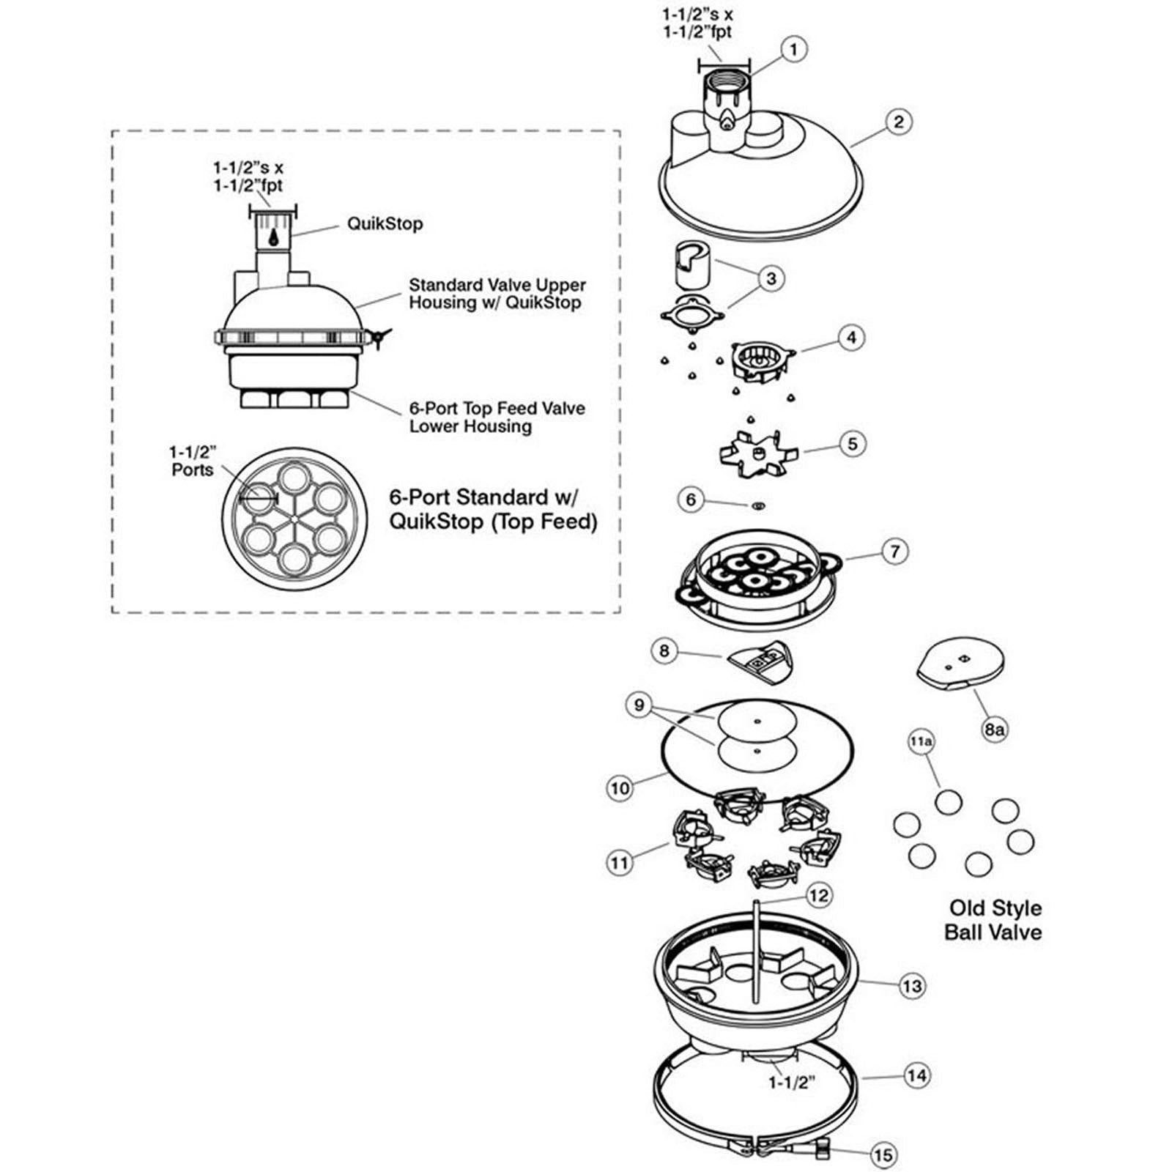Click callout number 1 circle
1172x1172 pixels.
tap(793, 50)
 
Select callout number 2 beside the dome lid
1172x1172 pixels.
tap(898, 122)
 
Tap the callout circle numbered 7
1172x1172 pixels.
tap(895, 552)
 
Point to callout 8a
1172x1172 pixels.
tap(994, 729)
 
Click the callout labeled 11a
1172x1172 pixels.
tap(921, 742)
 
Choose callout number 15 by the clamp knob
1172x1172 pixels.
tap(883, 1155)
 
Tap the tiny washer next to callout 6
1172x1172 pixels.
tap(758, 505)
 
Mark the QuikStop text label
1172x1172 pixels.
tap(385, 224)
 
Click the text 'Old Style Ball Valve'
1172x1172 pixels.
tap(994, 920)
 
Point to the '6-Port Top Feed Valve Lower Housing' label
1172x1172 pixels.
tap(497, 418)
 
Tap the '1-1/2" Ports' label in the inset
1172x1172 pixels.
tap(192, 461)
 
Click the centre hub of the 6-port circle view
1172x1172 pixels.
tap(294, 519)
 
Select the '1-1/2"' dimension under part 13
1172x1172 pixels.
tap(792, 1083)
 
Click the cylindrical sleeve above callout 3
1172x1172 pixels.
tap(694, 263)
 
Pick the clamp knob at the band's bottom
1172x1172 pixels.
tap(823, 1143)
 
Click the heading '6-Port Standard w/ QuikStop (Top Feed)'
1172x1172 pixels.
tap(493, 510)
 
